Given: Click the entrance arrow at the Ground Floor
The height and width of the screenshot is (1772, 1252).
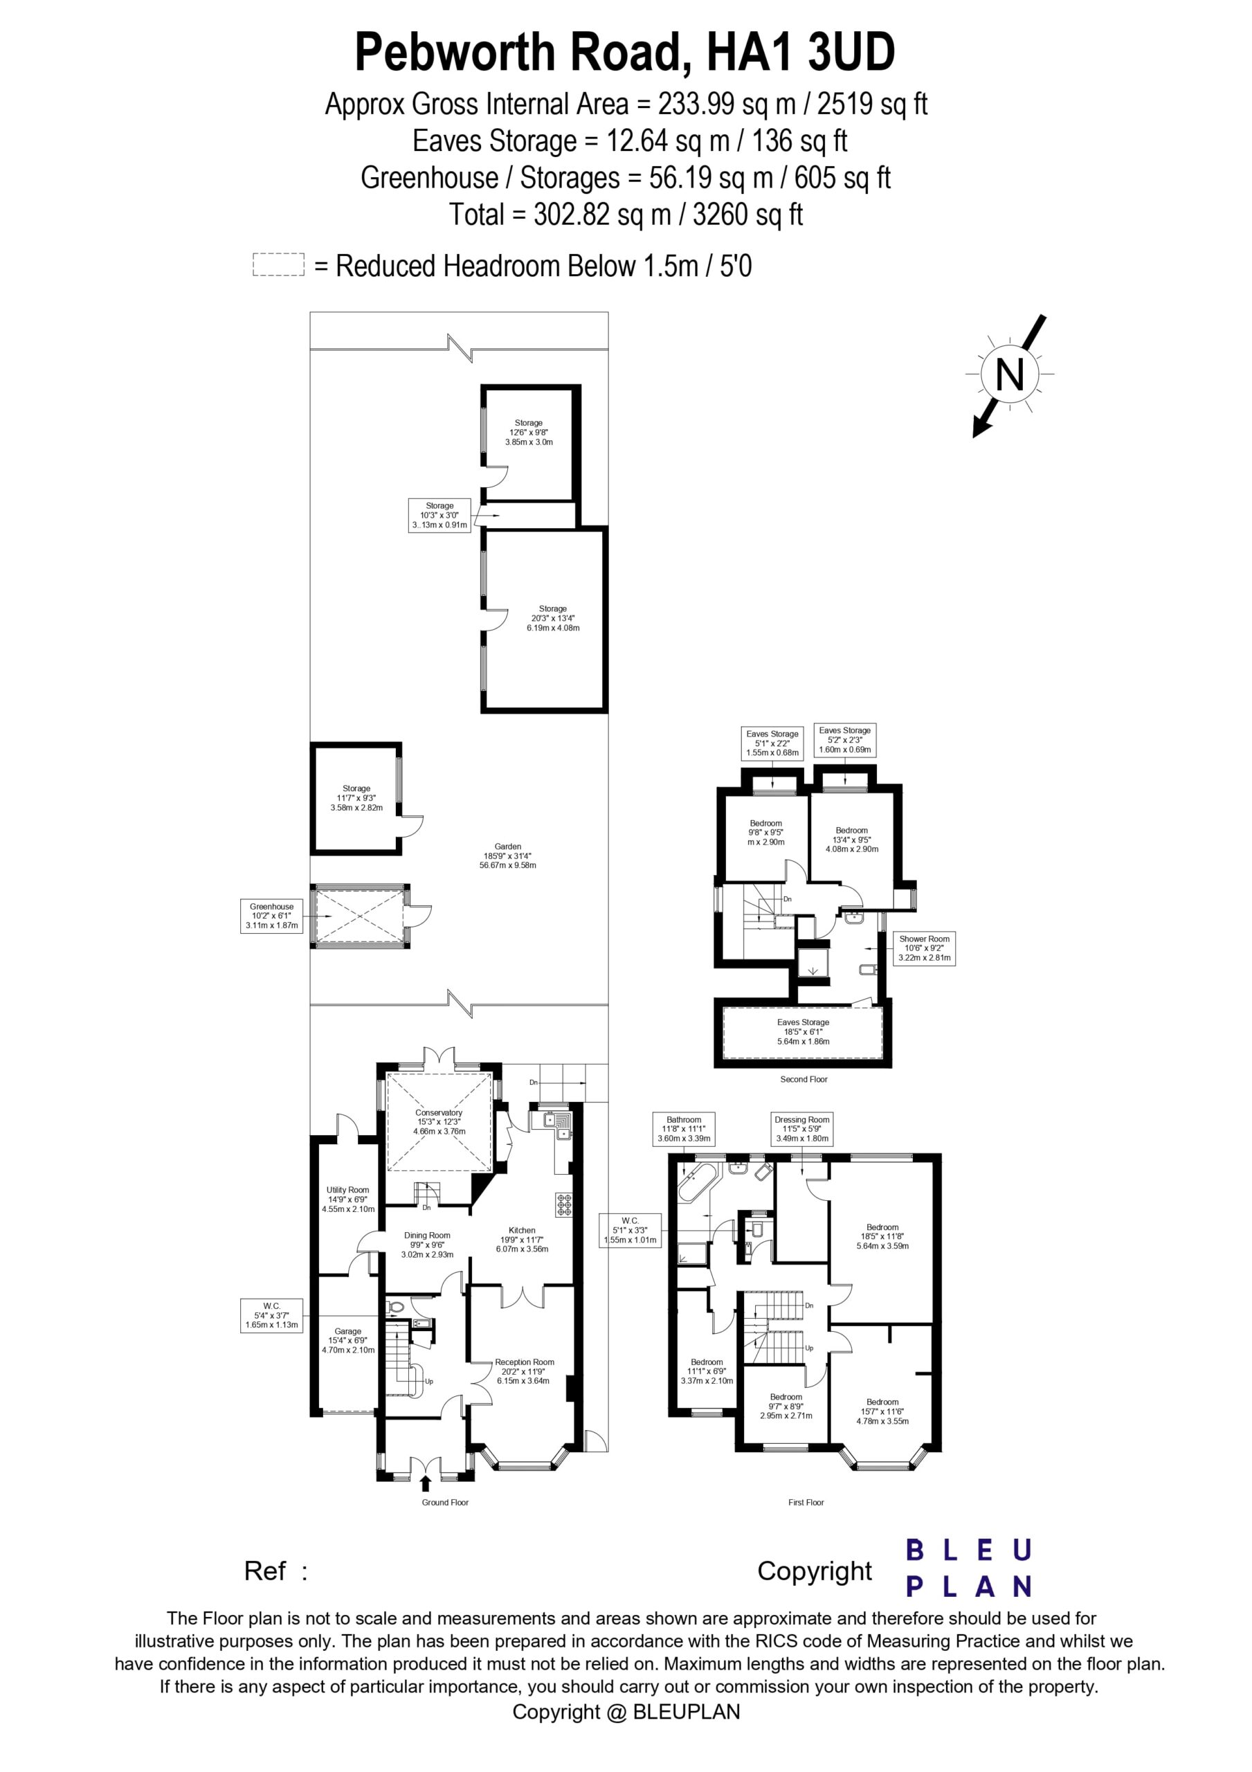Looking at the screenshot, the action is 426,1483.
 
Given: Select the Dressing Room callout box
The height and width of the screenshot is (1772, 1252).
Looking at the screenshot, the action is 802,1128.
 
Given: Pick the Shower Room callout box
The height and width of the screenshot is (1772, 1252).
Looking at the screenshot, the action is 925,948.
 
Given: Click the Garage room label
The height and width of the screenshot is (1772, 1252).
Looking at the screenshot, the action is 348,1340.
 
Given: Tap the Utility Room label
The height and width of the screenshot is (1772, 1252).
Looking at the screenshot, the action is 348,1199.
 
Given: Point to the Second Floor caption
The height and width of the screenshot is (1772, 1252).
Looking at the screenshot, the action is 804,1079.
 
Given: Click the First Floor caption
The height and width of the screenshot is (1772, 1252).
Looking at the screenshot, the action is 806,1502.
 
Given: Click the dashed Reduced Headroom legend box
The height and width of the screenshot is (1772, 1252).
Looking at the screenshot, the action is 279,264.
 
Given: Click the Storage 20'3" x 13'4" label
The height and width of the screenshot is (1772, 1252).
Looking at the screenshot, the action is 554,618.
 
